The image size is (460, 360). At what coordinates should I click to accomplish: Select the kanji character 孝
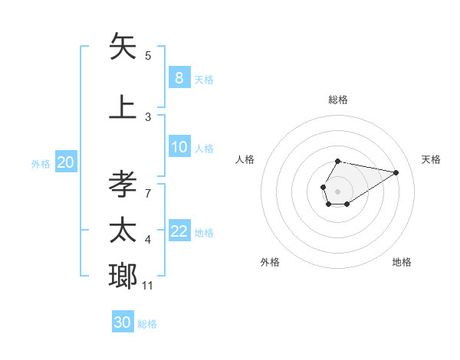pos(123,185)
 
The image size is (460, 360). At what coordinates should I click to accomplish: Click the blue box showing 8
pos(179,77)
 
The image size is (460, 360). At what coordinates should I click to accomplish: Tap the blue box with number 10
pos(179,147)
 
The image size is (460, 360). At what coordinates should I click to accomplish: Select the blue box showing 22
pos(179,231)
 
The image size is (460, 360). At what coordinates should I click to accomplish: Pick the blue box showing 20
pos(66,162)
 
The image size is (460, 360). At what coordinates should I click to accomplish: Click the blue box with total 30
pos(123,322)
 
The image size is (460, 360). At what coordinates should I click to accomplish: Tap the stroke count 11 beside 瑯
pos(148,286)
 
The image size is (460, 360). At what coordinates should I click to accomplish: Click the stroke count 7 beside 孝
pos(148,193)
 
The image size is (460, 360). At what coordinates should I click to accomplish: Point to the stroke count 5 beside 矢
pos(148,55)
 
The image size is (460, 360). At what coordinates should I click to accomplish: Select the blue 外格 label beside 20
pos(41,163)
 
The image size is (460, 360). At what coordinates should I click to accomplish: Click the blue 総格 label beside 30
pos(148,324)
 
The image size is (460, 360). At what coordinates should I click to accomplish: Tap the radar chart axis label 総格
pos(338,100)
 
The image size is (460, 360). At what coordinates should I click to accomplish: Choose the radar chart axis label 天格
pos(432,159)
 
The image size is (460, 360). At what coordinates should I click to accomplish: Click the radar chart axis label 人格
pos(245,159)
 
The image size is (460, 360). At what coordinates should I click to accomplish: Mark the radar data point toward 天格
pos(396,172)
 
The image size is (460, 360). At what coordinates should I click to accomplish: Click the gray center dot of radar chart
pos(337,191)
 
